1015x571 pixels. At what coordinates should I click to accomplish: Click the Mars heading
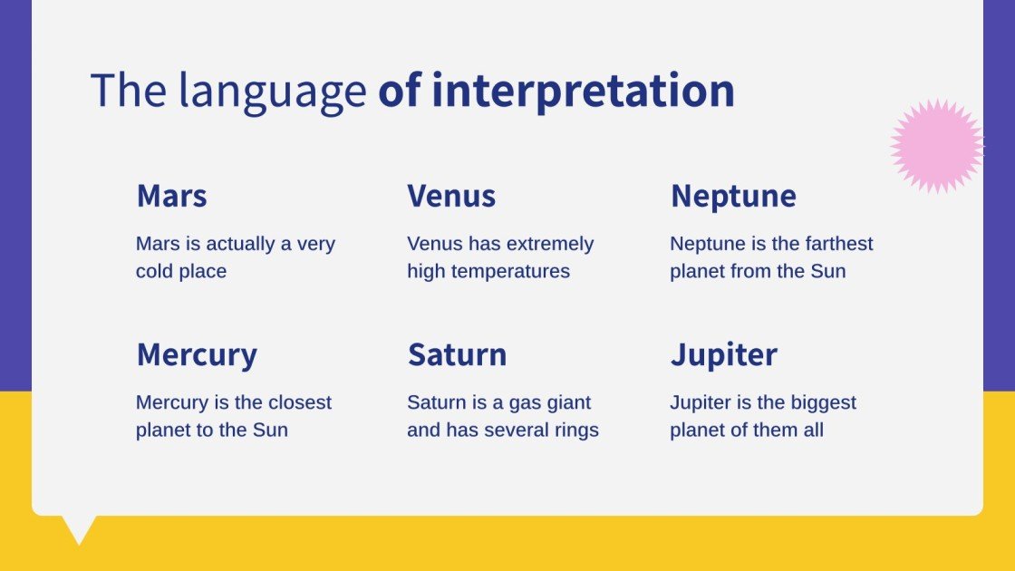tap(171, 196)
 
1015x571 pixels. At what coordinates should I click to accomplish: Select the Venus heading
tap(451, 196)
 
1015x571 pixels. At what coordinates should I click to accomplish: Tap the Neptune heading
tap(733, 197)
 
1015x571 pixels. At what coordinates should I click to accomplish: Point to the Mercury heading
tap(197, 355)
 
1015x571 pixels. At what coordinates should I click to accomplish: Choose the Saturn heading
tap(457, 354)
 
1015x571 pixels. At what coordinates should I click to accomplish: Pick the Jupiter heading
tap(724, 355)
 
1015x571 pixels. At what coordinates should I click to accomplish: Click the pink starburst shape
tap(937, 146)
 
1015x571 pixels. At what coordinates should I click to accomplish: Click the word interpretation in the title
tap(583, 92)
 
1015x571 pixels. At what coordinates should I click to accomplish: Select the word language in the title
tap(273, 92)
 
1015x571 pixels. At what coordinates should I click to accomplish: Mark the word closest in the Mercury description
tap(300, 402)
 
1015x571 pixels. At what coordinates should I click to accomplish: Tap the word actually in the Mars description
tap(240, 245)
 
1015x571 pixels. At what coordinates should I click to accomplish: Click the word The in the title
tap(128, 90)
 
